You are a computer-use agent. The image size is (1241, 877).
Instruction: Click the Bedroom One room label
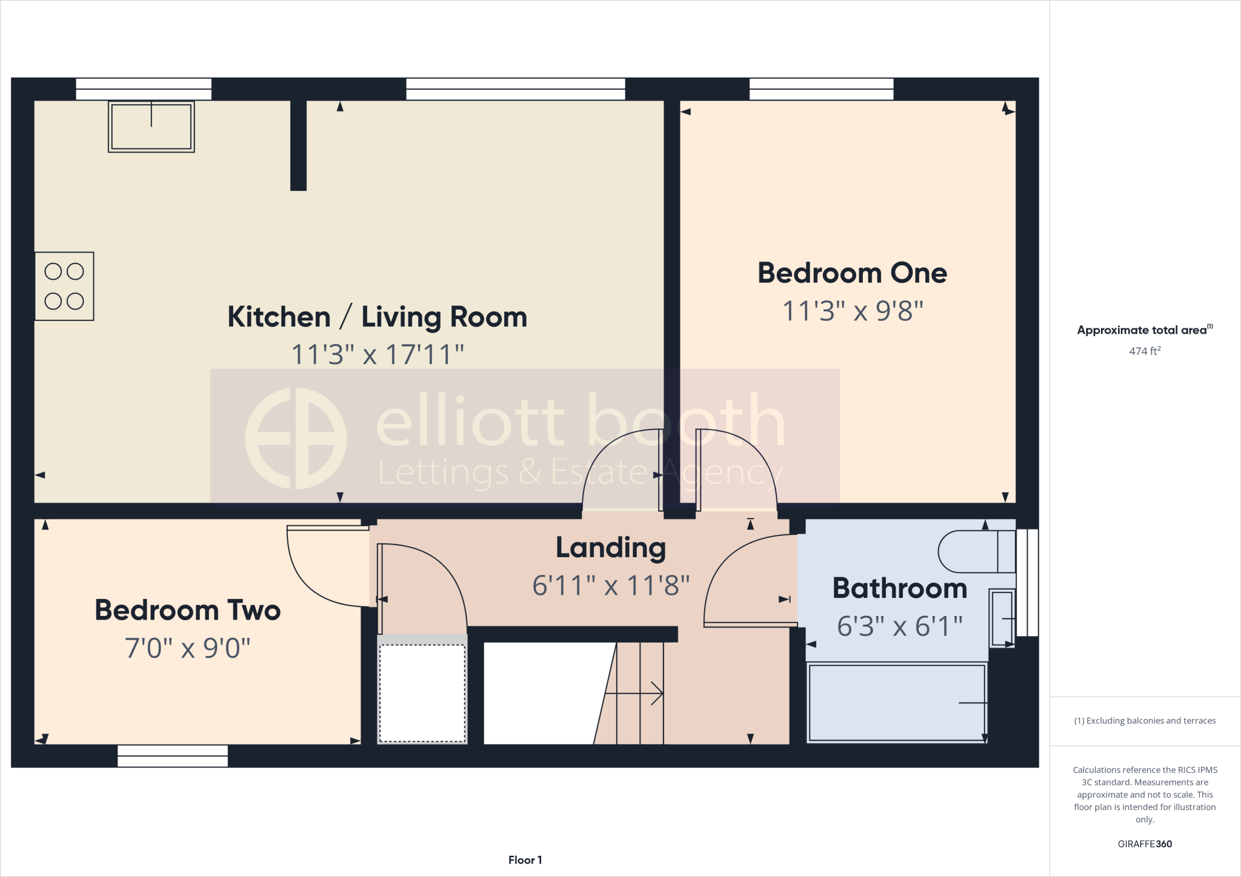click(852, 273)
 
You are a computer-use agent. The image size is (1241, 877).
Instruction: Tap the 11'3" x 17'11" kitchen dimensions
click(378, 355)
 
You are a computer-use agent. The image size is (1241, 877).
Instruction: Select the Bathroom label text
click(899, 589)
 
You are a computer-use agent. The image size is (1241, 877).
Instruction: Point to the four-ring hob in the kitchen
click(64, 286)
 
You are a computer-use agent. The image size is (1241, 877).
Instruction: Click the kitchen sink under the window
click(151, 127)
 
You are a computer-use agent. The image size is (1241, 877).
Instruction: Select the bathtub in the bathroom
click(897, 703)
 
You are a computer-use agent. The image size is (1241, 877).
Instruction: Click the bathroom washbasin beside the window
click(1002, 618)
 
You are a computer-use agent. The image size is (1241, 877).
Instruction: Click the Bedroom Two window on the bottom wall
click(173, 756)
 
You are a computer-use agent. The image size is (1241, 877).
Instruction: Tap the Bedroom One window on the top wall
click(821, 89)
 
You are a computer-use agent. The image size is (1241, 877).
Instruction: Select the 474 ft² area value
click(1145, 351)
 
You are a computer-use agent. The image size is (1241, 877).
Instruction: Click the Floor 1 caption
click(525, 860)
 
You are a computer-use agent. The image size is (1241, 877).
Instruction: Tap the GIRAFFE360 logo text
click(1145, 844)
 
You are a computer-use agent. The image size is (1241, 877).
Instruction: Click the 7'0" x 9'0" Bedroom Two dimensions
click(187, 649)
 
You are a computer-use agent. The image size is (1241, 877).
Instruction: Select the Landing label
click(611, 548)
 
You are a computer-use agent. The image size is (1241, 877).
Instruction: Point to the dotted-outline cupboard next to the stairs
click(422, 693)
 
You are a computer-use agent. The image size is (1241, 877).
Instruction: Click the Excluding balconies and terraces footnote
click(1145, 721)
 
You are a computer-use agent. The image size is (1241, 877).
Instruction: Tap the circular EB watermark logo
click(296, 438)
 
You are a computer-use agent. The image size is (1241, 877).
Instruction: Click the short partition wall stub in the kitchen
click(298, 145)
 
